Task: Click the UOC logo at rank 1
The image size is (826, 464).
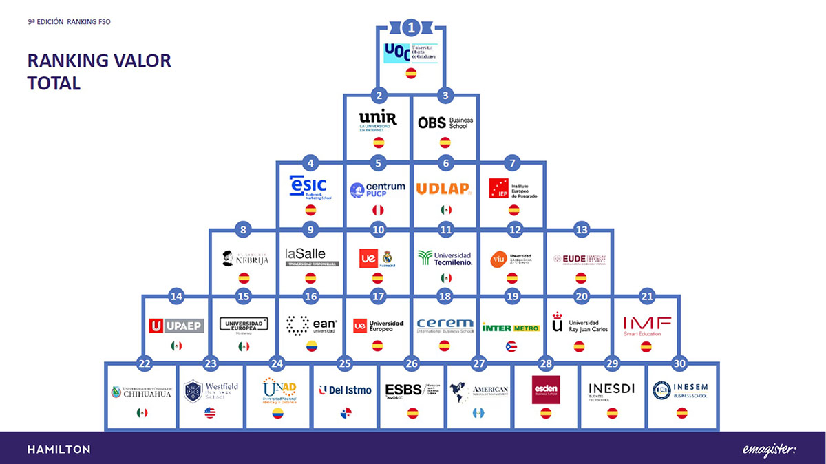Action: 410,53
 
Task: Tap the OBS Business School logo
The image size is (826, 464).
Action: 445,123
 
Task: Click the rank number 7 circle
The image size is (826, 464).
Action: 511,163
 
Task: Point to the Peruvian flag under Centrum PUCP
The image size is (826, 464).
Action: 378,210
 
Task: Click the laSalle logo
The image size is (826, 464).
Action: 311,257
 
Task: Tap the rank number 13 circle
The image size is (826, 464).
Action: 581,230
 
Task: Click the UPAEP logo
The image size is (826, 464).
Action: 176,325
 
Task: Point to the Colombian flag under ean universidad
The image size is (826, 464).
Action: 311,346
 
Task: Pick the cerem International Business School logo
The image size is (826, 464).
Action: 445,325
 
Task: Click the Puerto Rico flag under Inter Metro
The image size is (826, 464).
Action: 511,346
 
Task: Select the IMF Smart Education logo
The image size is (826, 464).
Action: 646,324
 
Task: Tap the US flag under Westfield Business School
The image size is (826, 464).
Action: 210,413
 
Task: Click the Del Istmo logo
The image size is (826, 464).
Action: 345,390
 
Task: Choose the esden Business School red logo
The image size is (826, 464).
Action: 546,390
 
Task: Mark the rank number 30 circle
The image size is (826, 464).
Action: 679,364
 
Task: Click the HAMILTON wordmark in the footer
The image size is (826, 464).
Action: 59,450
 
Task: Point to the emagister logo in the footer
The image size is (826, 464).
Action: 769,450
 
